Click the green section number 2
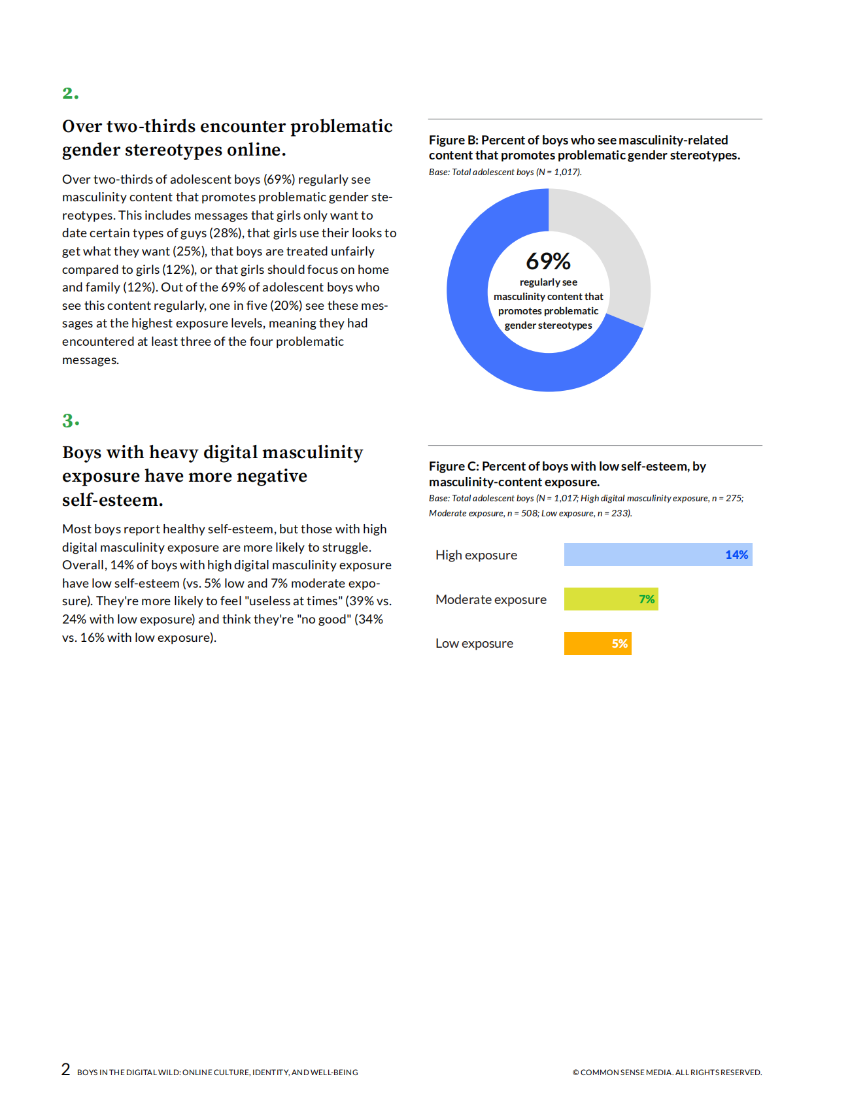[x=69, y=93]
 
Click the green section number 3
[x=69, y=420]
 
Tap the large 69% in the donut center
[x=548, y=261]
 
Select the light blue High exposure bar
[x=641, y=555]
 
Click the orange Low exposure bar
[x=585, y=644]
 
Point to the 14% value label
[x=736, y=555]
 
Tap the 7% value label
[x=647, y=599]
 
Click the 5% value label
[x=619, y=644]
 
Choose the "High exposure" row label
[x=476, y=555]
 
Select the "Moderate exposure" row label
[x=490, y=599]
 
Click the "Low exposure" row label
[x=474, y=644]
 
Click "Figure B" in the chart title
[x=453, y=140]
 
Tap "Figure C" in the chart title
[x=454, y=466]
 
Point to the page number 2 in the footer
[x=65, y=1069]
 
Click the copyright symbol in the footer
[x=575, y=1073]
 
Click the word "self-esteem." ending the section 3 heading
[x=112, y=500]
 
